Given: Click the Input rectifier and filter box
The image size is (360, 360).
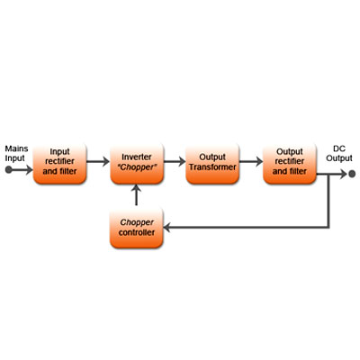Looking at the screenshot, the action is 59,164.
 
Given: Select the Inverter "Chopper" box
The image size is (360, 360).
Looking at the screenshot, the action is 137,164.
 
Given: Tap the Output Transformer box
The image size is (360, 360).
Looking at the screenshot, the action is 212,164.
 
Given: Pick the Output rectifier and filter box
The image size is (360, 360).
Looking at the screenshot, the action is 290,164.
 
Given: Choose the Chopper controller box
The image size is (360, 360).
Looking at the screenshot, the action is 137,228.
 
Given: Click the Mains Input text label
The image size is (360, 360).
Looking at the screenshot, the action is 16,153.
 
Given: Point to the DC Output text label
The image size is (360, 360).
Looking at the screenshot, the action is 339,153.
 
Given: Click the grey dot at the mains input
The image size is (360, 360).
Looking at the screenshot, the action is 8,170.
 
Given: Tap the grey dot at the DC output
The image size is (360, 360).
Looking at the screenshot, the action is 352,174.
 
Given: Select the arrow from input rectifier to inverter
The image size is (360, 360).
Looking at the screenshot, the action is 98,162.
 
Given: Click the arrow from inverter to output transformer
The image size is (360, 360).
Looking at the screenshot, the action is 175,162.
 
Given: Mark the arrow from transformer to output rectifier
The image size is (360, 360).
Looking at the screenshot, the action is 251,162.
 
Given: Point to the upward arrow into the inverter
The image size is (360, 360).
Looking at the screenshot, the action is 137,195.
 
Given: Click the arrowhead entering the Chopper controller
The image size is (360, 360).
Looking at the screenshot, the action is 166,228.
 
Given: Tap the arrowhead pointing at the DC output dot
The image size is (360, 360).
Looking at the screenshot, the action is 343,174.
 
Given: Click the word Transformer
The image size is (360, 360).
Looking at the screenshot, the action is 212,167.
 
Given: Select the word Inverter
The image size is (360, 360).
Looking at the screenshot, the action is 137,157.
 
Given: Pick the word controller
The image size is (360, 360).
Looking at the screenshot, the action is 137,232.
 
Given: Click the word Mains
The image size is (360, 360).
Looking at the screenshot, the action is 16,148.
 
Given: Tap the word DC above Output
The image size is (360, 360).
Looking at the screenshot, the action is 339,148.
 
